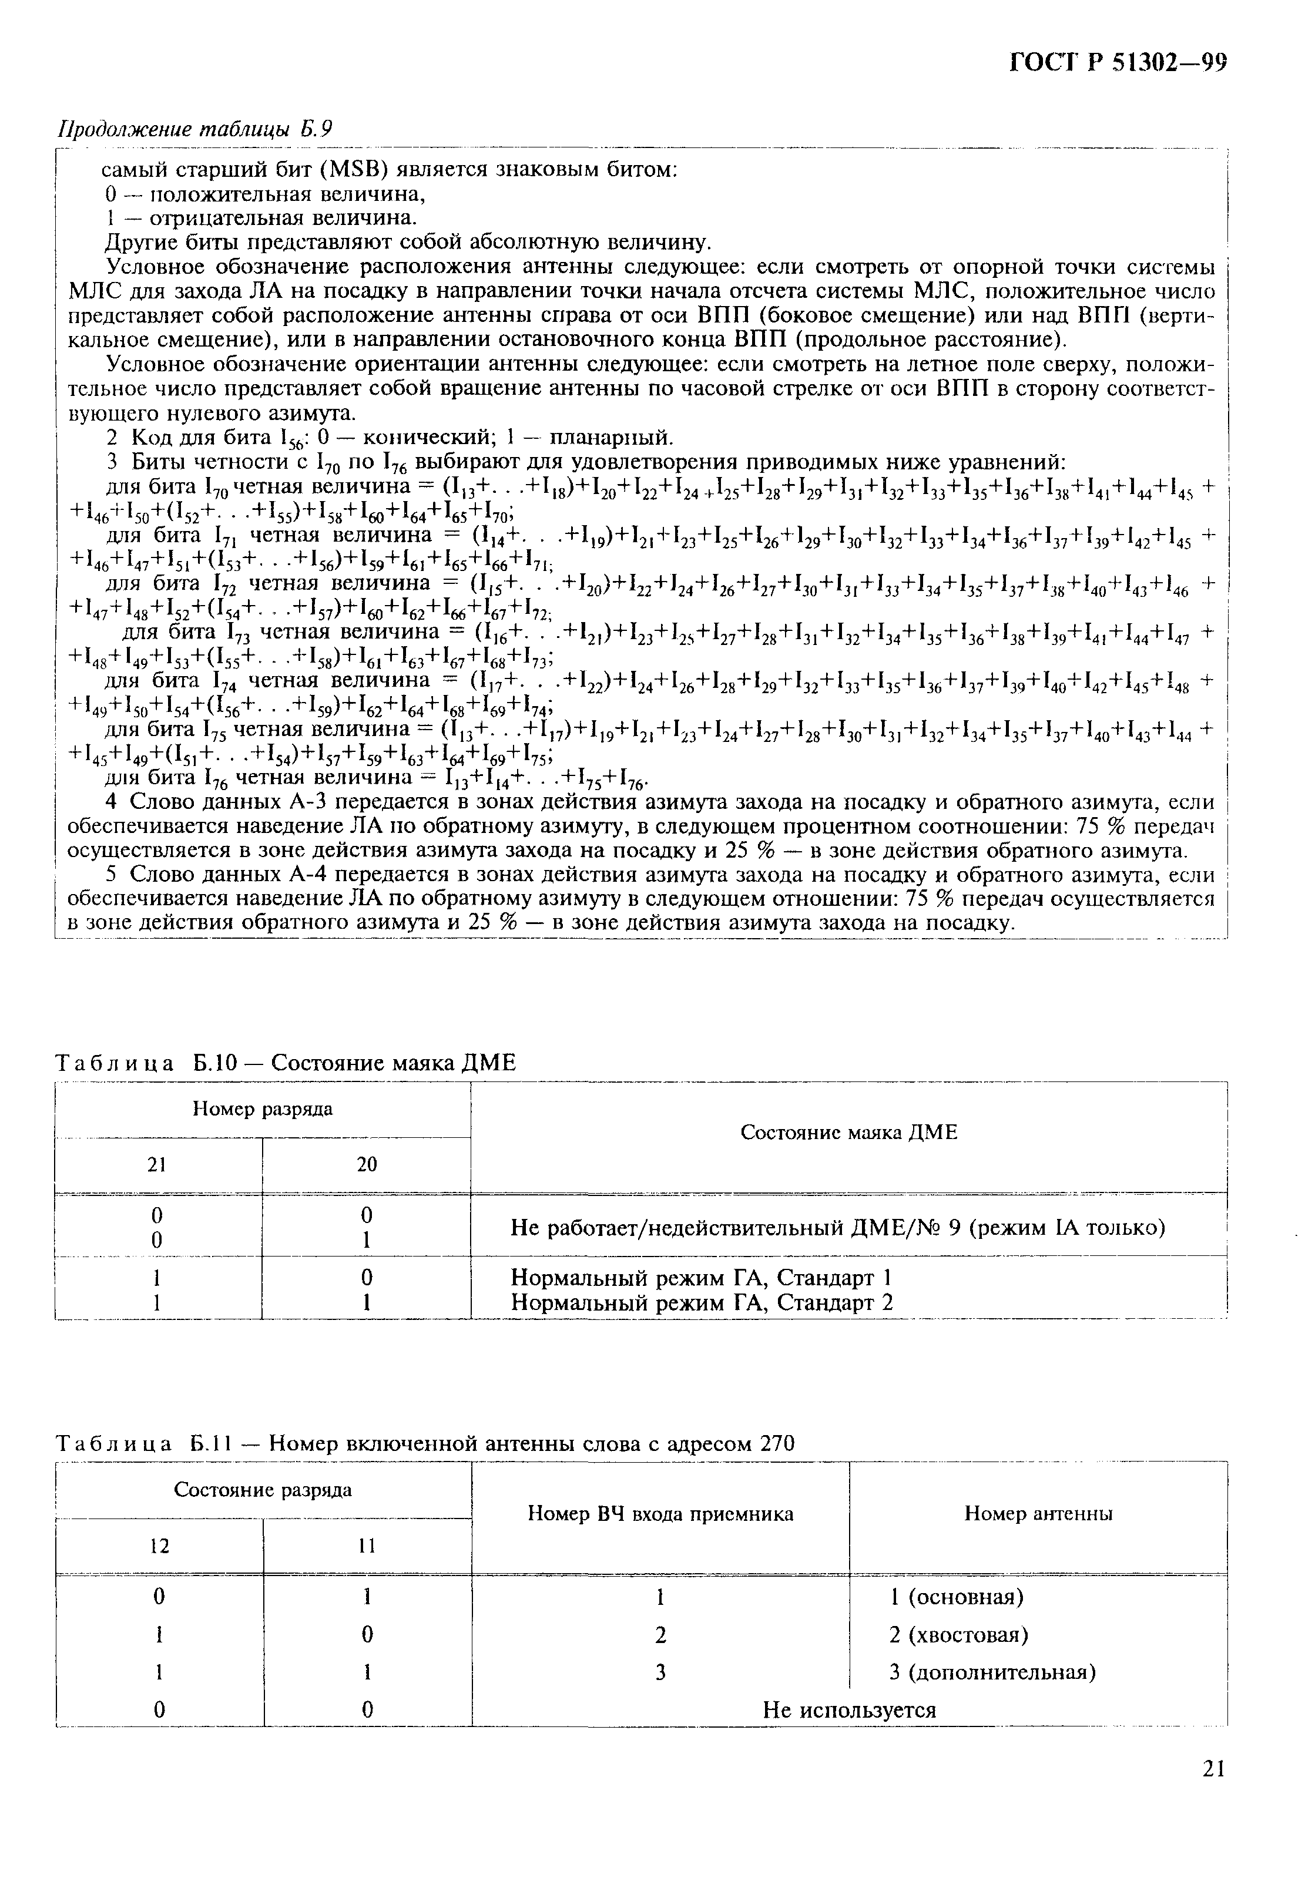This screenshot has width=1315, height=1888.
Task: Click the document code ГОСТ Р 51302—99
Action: click(1118, 63)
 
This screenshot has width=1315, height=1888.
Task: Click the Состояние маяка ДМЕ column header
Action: click(848, 1133)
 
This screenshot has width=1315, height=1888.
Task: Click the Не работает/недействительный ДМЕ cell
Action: click(837, 1228)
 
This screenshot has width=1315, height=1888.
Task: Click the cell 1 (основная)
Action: click(957, 1596)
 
